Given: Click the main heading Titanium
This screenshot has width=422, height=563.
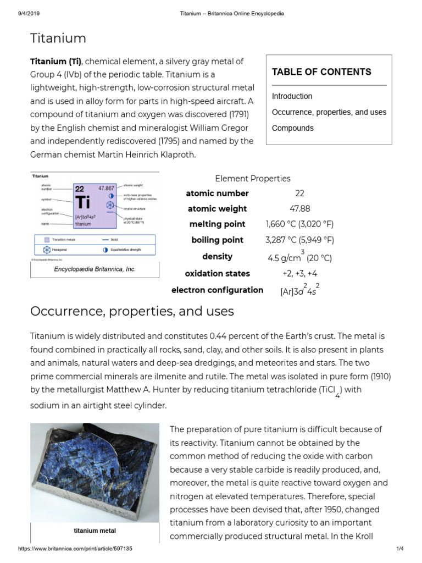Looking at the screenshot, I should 58,38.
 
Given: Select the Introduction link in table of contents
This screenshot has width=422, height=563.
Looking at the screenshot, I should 292,96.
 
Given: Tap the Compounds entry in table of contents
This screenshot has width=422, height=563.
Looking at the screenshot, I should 292,128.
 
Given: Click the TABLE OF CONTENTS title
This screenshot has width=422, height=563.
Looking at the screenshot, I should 321,72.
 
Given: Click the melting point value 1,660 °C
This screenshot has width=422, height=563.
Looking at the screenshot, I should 299,224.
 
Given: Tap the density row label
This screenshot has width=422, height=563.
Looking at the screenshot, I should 217,256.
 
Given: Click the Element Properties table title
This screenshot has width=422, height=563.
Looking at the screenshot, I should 253,178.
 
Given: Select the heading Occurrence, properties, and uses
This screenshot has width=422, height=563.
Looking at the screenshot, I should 132,311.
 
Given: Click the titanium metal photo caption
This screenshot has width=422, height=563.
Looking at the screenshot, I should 95,531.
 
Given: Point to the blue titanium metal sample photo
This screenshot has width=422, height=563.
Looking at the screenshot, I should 95,472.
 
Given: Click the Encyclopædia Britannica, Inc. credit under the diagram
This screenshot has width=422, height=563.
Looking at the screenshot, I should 95,269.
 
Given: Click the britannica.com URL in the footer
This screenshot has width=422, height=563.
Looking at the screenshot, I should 75,549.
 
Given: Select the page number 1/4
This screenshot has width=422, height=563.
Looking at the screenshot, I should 399,549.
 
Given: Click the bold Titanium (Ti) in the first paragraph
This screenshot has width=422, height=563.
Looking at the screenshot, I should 55,61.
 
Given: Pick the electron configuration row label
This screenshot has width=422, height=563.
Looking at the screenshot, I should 217,290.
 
